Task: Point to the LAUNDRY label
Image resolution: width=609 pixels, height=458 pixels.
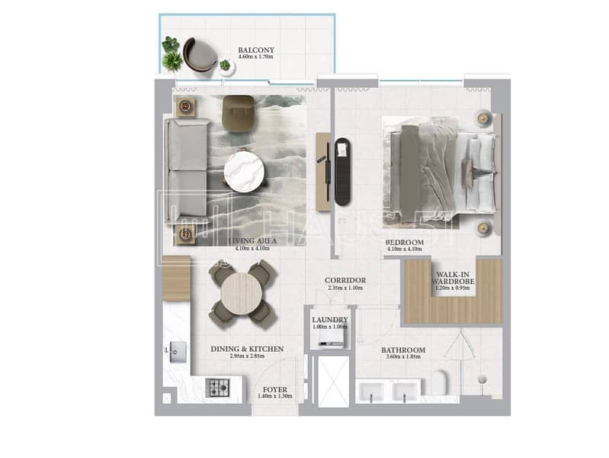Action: pyautogui.click(x=330, y=319)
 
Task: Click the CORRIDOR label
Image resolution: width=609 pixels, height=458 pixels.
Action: pyautogui.click(x=345, y=280)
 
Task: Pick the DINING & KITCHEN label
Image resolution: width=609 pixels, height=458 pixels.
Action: pyautogui.click(x=247, y=349)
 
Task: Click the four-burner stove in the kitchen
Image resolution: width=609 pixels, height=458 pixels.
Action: pyautogui.click(x=220, y=387)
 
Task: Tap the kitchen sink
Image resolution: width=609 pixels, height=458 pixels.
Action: pyautogui.click(x=178, y=350)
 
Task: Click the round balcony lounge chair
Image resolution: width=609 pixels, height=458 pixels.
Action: pyautogui.click(x=200, y=55)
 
